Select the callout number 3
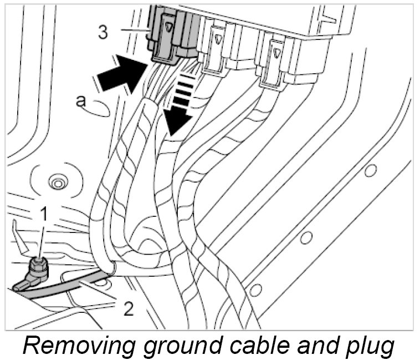tap(103, 32)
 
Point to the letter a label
tap(81, 100)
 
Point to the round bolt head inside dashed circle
tap(56, 181)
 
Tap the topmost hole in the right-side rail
tap(370, 169)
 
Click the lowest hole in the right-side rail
tap(255, 289)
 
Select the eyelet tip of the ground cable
tap(20, 285)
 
